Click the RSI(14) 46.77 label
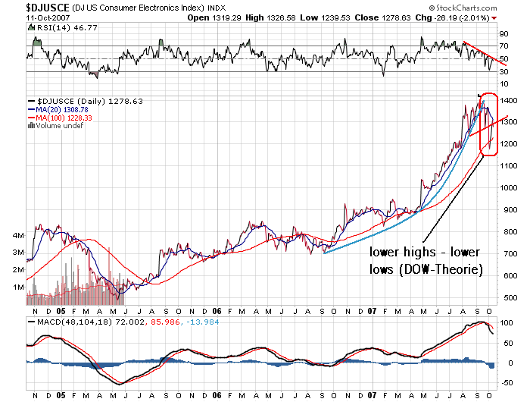pyautogui.click(x=57, y=28)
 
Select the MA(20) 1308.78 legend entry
pyautogui.click(x=64, y=109)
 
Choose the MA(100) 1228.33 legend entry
pyautogui.click(x=67, y=118)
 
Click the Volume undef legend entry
pyautogui.click(x=61, y=126)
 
